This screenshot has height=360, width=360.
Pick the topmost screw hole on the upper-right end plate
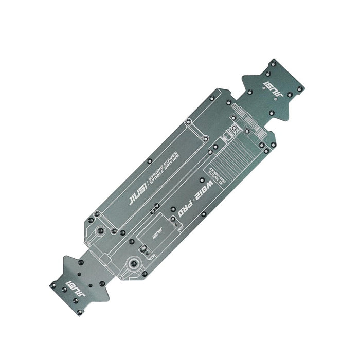pyautogui.click(x=273, y=61)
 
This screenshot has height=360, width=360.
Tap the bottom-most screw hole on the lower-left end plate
pyautogui.click(x=78, y=312)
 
